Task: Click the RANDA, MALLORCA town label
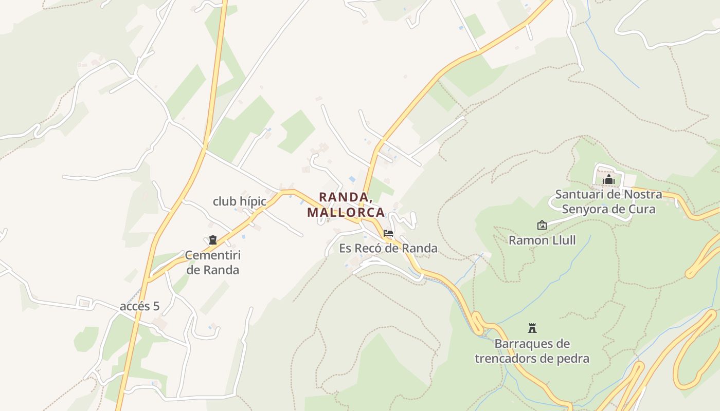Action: point(346,204)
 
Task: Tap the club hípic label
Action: point(240,201)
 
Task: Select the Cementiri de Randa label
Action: point(213,262)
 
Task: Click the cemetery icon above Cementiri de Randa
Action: point(212,240)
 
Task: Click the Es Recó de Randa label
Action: point(388,248)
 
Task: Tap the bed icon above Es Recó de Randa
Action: point(388,233)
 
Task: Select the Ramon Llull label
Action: point(542,240)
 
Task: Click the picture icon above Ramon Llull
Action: point(542,225)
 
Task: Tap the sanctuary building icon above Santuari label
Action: point(609,179)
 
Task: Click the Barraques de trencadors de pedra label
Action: point(532,351)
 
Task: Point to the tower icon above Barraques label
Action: point(532,328)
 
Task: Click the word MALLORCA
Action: point(346,212)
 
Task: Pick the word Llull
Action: point(563,240)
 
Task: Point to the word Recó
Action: point(371,248)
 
